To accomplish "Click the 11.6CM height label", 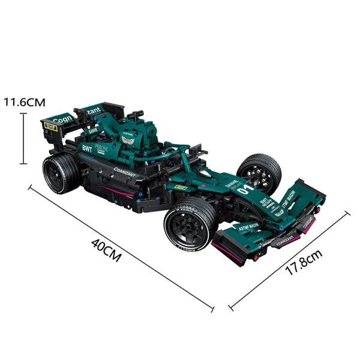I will pyautogui.click(x=24, y=102).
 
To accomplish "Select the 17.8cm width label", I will pyautogui.click(x=304, y=262).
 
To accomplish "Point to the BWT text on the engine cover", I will pyautogui.click(x=87, y=146).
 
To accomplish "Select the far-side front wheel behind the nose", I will pyautogui.click(x=259, y=173).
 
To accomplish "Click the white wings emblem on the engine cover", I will pyautogui.click(x=127, y=140).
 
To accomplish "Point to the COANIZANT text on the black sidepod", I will pyautogui.click(x=125, y=172).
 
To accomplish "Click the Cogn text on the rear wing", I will pyautogui.click(x=62, y=118).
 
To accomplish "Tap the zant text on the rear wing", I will pyautogui.click(x=94, y=110).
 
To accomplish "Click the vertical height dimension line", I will pyautogui.click(x=23, y=138).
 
